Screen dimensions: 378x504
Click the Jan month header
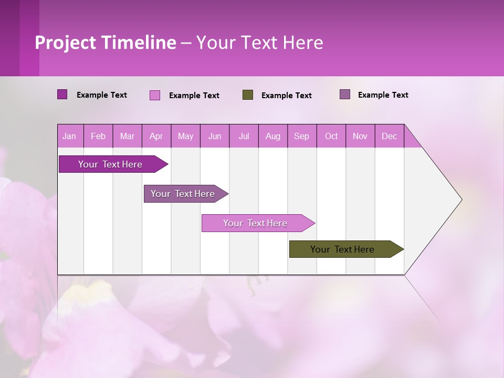point(70,136)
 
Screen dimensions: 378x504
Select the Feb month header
point(98,136)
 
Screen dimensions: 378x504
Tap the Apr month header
point(156,136)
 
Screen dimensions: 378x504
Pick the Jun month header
point(215,136)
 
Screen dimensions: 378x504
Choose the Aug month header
point(273,136)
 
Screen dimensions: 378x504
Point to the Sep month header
point(302,136)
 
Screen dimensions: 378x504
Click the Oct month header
point(331,136)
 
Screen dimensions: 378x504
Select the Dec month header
point(390,136)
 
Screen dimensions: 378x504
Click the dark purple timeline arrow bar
point(110,164)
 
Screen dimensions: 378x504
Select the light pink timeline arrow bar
point(256,223)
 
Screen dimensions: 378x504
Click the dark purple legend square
point(62,94)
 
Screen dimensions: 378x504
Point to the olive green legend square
point(248,95)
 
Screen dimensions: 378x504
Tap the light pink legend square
point(155,95)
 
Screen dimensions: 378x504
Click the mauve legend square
point(345,94)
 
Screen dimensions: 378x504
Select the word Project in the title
point(65,43)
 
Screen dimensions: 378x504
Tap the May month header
point(185,136)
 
